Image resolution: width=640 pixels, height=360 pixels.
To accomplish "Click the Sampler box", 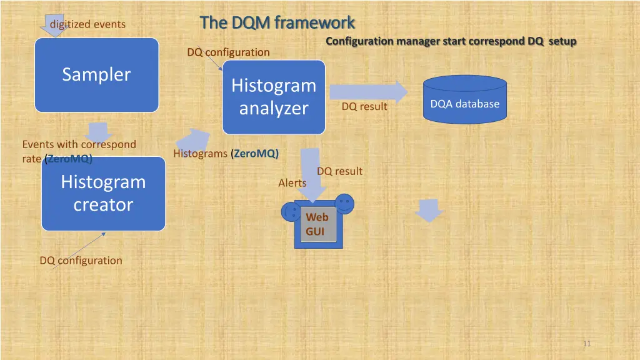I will pos(96,75).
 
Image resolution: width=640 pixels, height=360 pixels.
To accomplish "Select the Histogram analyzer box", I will pos(274,97).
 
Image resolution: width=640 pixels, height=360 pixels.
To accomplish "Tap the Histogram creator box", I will pos(103,193).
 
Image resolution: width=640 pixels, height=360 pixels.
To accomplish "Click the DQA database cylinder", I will pos(464,100).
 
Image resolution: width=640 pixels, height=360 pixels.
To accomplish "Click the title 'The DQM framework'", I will pos(277,22).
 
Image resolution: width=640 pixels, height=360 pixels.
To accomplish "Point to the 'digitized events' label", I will pos(87,24).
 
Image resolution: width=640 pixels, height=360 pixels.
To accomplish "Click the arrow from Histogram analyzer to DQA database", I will pos(367,92).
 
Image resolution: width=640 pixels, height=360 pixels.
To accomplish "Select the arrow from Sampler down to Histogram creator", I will pos(98,132).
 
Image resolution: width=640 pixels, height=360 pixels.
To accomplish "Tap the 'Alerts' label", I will pos(292,183).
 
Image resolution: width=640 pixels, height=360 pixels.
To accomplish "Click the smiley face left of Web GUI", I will pos(291,211).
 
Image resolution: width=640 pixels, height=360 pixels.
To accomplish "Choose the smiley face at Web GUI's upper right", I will pos(344,202).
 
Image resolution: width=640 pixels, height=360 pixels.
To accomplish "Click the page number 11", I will pos(586,343).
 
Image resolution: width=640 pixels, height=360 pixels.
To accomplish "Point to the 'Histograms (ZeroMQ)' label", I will pos(226,154).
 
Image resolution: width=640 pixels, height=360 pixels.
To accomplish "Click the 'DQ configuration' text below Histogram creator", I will pos(81,261).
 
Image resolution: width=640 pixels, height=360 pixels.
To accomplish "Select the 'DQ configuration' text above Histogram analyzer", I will pos(228,52).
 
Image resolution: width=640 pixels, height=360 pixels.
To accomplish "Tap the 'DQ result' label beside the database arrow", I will pos(364,107).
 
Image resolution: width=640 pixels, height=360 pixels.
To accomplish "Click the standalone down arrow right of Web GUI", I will pos(429,211).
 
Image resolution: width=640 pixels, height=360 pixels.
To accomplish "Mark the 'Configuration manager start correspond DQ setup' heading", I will pos(451,41).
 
